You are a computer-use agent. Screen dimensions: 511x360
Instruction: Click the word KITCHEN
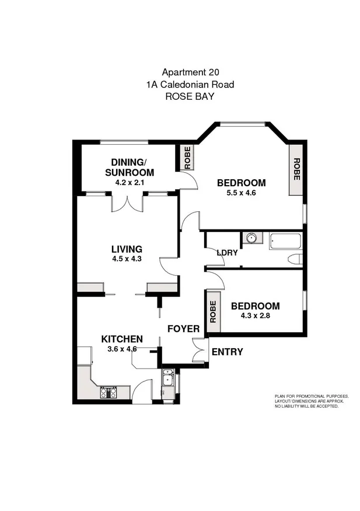click(122, 339)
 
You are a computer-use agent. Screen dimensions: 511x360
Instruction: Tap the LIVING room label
click(127, 249)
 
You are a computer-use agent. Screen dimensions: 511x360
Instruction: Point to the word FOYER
click(183, 329)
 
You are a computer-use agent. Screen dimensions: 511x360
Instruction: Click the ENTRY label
click(227, 352)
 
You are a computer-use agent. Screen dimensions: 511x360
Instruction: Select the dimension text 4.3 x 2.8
click(255, 317)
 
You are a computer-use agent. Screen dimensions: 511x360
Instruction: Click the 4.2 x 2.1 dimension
click(129, 182)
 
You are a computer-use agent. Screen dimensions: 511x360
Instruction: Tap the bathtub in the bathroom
click(285, 241)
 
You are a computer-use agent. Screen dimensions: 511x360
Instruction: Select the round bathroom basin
click(252, 238)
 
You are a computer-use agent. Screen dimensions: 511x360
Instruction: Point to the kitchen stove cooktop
click(109, 392)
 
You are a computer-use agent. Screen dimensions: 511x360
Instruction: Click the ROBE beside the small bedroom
click(213, 312)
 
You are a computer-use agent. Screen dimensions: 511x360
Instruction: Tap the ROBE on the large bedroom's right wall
click(296, 169)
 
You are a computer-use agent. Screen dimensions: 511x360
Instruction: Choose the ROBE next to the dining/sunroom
click(187, 158)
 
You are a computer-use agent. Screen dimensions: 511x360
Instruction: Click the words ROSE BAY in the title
click(190, 96)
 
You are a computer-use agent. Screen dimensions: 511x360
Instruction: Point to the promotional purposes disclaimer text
click(312, 401)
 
